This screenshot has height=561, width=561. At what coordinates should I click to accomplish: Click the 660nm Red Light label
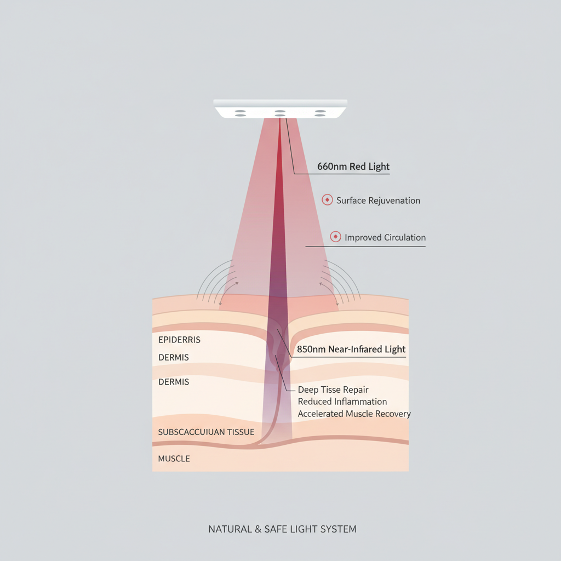click(x=353, y=167)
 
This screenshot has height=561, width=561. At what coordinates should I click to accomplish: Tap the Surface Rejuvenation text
click(x=378, y=201)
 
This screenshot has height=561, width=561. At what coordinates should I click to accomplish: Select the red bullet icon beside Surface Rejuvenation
click(x=327, y=201)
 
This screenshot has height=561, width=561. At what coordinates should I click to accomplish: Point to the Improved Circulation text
click(x=385, y=238)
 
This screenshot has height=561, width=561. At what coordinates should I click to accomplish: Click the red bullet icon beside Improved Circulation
click(x=335, y=237)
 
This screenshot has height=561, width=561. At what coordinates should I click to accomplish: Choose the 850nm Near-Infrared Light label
click(x=351, y=350)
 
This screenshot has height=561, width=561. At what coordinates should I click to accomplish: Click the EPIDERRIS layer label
click(x=179, y=340)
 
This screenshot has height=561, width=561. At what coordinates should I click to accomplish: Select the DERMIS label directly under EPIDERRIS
click(x=173, y=358)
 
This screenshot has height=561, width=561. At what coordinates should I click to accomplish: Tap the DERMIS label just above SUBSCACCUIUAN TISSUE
click(x=173, y=382)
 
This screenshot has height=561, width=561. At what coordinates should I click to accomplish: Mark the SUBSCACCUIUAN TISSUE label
click(x=206, y=432)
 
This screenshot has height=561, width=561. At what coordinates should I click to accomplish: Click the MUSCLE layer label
click(x=174, y=459)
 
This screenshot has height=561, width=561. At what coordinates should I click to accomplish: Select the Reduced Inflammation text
click(x=342, y=402)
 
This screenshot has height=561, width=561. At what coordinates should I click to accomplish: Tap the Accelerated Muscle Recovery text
click(x=354, y=414)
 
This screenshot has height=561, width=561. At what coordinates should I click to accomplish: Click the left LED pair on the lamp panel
click(x=240, y=113)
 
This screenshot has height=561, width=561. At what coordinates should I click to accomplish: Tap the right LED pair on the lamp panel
click(x=320, y=113)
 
